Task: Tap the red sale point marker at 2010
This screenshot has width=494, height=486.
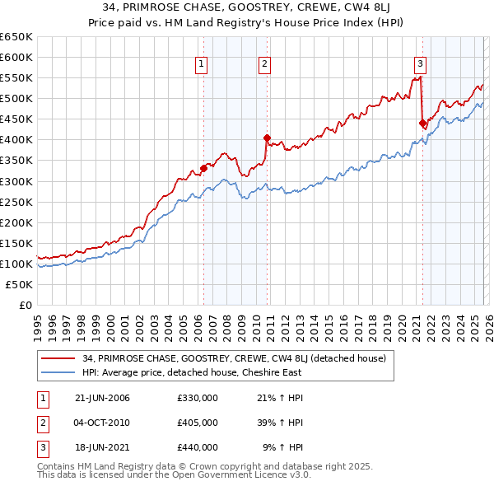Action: point(267,138)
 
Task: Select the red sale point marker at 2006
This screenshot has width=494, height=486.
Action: point(203,169)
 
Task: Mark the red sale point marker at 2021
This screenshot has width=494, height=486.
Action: point(423,124)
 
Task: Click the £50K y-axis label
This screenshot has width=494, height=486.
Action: point(19,284)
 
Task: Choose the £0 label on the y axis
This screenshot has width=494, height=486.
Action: point(25,305)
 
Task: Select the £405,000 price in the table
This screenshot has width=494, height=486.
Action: point(198,423)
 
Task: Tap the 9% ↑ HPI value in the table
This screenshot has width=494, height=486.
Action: point(282,446)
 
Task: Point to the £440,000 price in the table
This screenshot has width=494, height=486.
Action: point(198,446)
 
